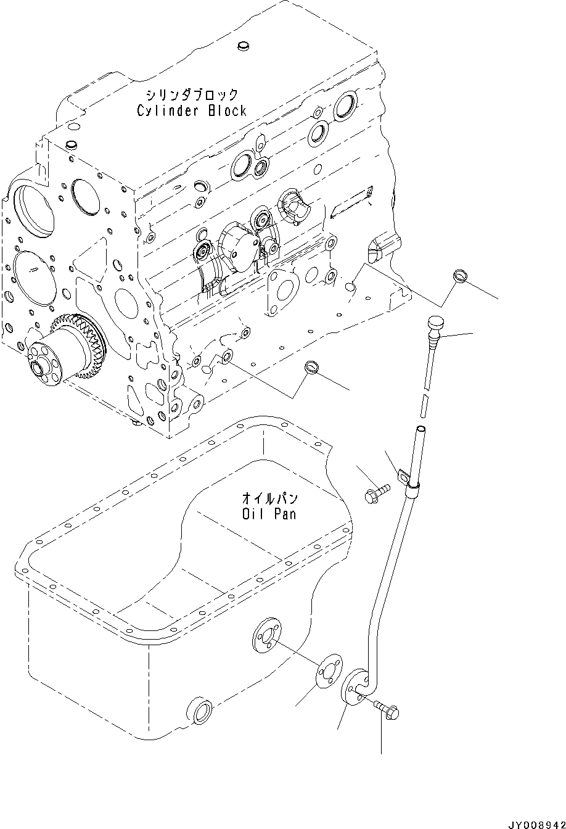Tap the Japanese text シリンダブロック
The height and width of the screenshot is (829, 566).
(x=191, y=95)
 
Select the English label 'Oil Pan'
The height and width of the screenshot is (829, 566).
(x=268, y=513)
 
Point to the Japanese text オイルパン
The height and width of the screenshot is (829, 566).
(x=268, y=497)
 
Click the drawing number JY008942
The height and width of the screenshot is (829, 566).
(x=536, y=823)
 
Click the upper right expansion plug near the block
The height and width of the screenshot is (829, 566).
(x=460, y=277)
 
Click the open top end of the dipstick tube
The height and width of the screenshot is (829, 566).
(x=420, y=430)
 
